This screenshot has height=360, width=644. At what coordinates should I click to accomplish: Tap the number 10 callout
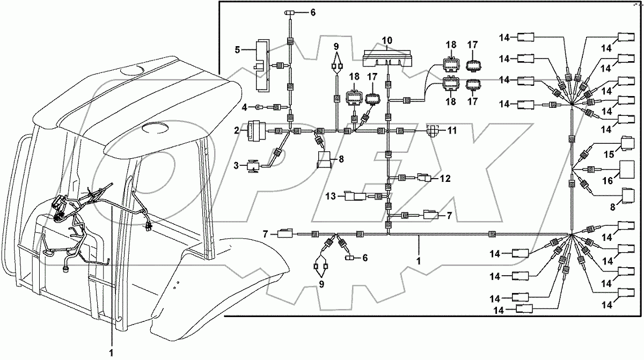pyautogui.click(x=387, y=40)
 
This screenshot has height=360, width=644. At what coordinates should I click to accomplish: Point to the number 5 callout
pyautogui.click(x=237, y=50)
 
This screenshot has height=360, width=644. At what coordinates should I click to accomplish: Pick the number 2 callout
pyautogui.click(x=237, y=130)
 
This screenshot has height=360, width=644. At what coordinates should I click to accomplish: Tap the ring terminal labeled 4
pyautogui.click(x=258, y=107)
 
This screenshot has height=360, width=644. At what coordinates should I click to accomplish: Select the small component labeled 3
pyautogui.click(x=253, y=167)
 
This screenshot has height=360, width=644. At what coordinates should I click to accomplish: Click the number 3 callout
pyautogui.click(x=237, y=167)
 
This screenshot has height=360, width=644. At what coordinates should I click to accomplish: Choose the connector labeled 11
pyautogui.click(x=433, y=130)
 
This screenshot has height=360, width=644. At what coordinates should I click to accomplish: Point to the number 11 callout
pyautogui.click(x=452, y=130)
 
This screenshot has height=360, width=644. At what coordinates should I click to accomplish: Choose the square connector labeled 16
pyautogui.click(x=628, y=170)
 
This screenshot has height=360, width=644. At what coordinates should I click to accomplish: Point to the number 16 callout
pyautogui.click(x=606, y=182)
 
